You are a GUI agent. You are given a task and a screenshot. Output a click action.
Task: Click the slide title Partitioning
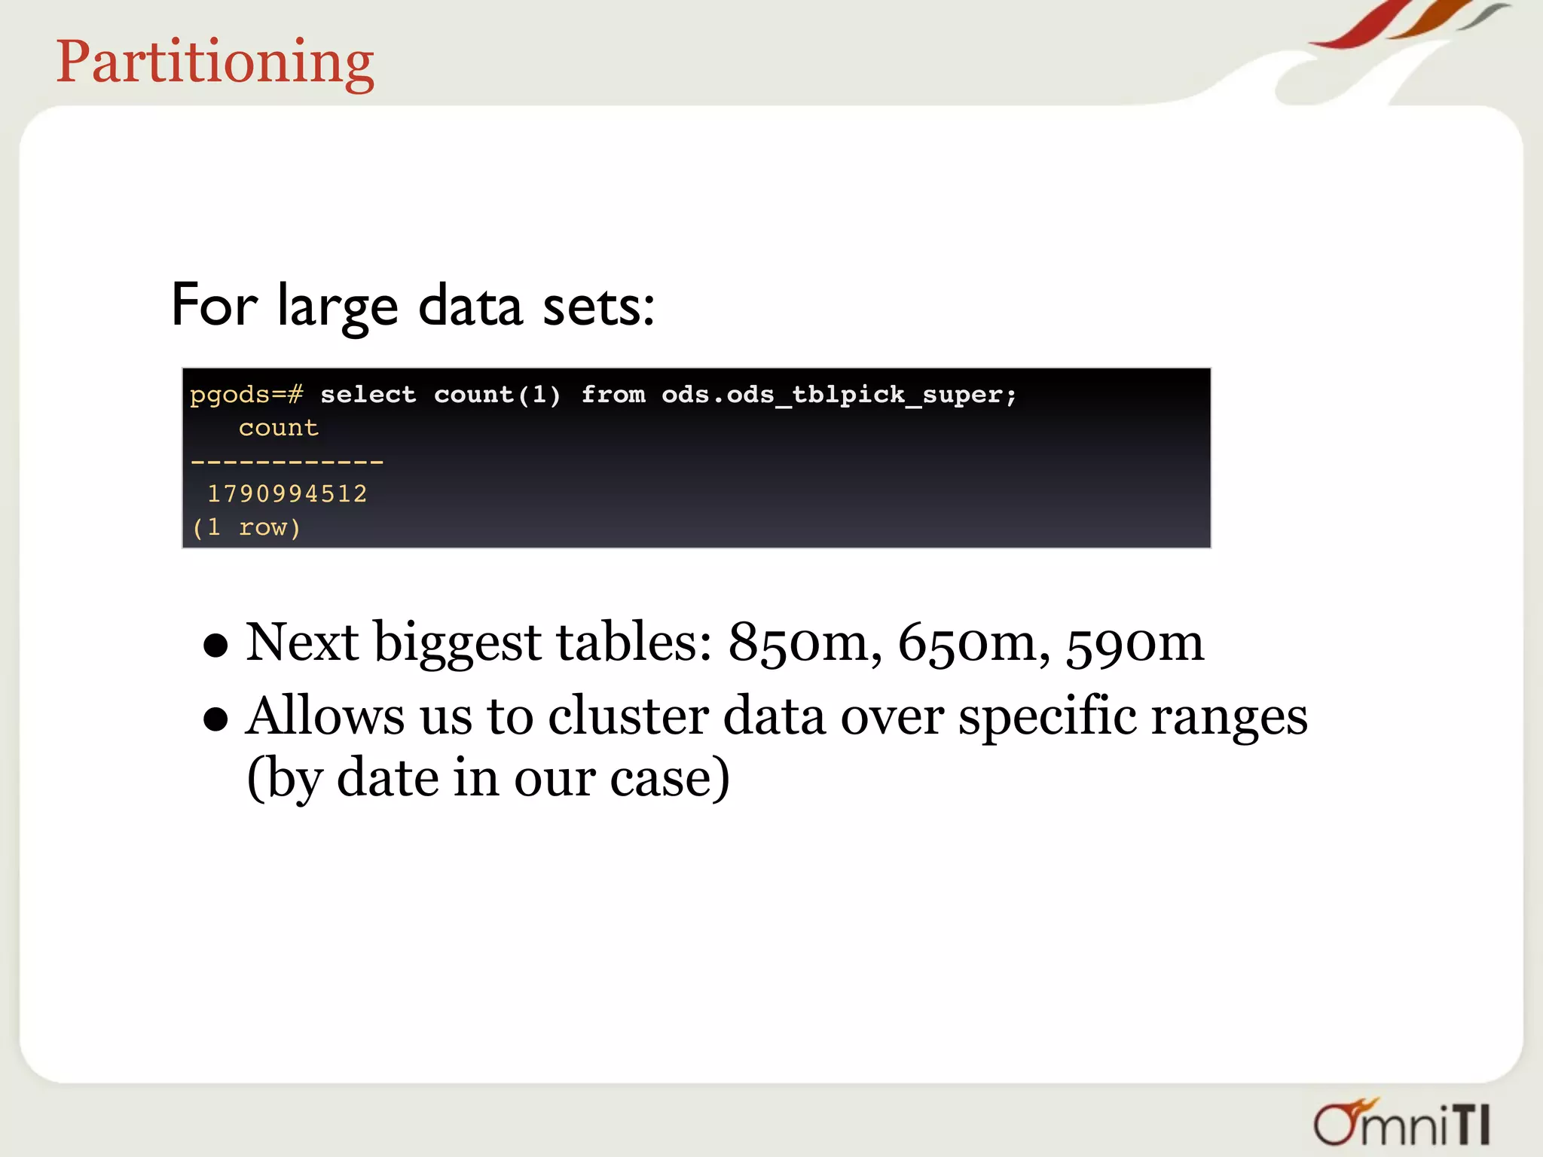click(215, 62)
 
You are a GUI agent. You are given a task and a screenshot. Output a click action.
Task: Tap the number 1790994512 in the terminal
click(287, 494)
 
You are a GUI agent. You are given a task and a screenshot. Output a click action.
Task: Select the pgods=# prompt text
click(246, 395)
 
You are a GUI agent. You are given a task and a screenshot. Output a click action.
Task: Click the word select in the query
click(368, 395)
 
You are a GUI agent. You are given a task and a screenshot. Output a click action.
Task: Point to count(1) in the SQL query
click(497, 395)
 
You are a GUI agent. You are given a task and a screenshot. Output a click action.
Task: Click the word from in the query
click(613, 395)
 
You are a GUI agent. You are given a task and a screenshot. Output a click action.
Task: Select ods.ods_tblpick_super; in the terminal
click(839, 395)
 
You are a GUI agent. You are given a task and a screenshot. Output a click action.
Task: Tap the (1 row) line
click(246, 527)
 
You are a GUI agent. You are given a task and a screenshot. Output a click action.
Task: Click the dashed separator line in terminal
click(287, 461)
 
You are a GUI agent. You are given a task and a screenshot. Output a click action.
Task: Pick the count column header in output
click(279, 428)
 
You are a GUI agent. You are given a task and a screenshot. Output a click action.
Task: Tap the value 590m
click(1135, 643)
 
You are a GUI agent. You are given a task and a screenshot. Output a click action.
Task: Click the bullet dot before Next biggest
click(215, 646)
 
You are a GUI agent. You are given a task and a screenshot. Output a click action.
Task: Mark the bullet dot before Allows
click(215, 719)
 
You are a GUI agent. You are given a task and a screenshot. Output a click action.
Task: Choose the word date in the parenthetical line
click(387, 778)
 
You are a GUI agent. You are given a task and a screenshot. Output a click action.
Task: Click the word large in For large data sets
click(337, 307)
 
